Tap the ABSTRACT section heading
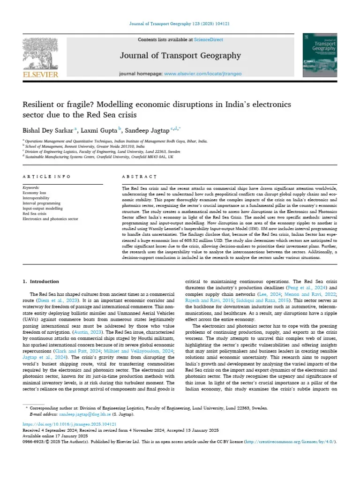[139, 177]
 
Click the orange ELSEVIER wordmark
[41, 74]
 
